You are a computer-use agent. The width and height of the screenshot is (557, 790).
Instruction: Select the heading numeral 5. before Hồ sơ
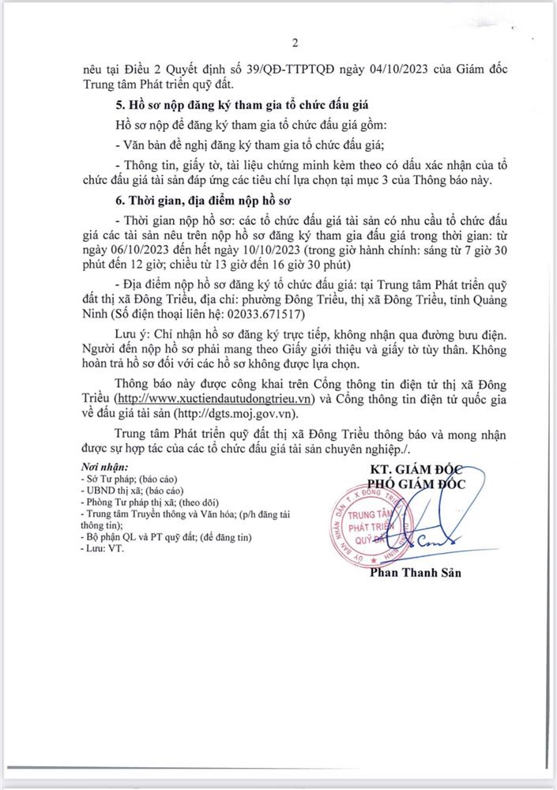tap(119, 104)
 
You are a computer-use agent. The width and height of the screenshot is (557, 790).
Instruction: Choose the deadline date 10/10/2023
tap(248, 251)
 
